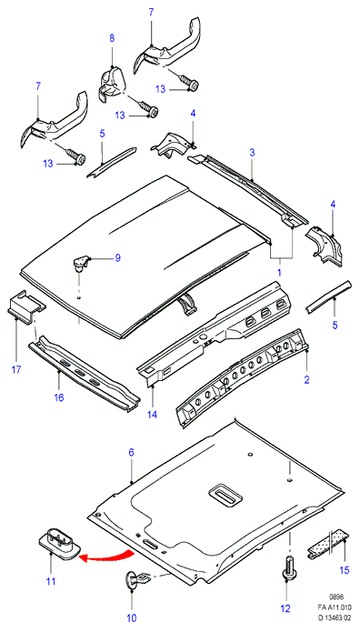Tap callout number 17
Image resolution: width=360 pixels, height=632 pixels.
coord(16,369)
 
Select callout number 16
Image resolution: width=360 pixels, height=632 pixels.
coord(59,397)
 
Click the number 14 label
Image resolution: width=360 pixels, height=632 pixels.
coord(154,415)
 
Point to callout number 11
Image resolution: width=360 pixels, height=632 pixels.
coord(51,582)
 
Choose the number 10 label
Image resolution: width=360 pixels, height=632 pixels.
coord(132,617)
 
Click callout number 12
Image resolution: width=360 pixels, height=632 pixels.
coord(285,609)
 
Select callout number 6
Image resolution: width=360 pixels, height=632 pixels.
coord(131,453)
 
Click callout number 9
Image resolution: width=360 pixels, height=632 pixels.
coord(117,257)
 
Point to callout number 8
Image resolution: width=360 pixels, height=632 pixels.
coord(112,38)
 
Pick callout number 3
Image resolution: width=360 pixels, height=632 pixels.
coord(252,153)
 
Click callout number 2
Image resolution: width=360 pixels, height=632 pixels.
coord(306,379)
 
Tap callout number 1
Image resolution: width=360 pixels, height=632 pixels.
coord(279,273)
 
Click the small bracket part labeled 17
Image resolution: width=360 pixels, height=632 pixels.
coord(26,306)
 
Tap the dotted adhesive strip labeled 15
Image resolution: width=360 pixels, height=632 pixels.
coord(328,545)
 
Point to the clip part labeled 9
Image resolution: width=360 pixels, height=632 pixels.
coord(81,263)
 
